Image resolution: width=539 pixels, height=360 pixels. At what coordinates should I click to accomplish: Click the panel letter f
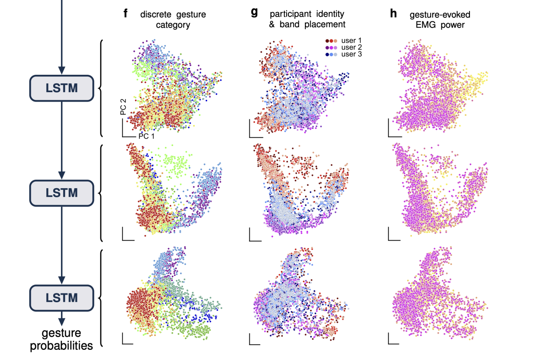pyautogui.click(x=126, y=14)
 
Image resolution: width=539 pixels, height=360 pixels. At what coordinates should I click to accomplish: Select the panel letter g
pyautogui.click(x=254, y=13)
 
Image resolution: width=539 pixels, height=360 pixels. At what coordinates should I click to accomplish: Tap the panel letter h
pyautogui.click(x=393, y=13)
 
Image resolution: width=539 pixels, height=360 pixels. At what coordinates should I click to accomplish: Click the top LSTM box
pyautogui.click(x=61, y=88)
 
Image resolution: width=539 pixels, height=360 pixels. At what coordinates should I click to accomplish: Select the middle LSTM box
pyautogui.click(x=61, y=192)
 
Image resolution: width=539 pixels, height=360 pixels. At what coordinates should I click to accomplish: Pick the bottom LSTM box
pyautogui.click(x=61, y=297)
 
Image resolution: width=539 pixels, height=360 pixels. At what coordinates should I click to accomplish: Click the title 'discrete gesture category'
pyautogui.click(x=173, y=19)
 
